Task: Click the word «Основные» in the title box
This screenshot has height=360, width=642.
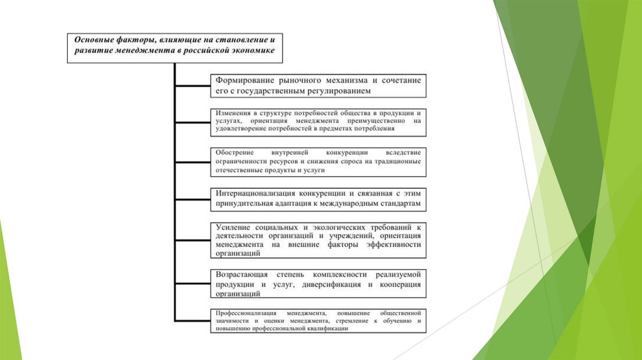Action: click(x=93, y=39)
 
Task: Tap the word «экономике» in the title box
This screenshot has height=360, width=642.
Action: click(x=253, y=50)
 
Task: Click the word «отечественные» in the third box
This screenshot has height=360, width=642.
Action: click(x=236, y=169)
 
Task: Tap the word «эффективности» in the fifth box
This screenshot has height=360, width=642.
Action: click(x=392, y=245)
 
